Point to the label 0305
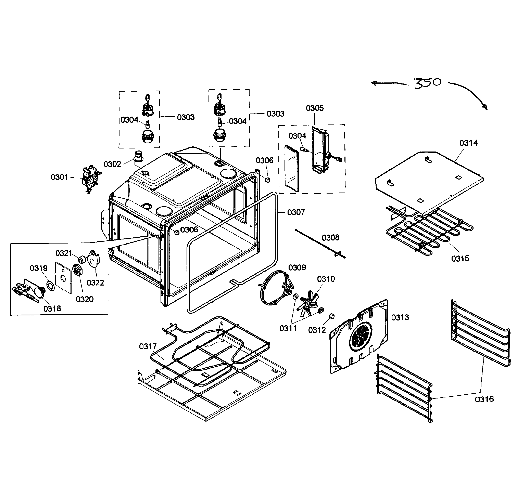(x=315, y=108)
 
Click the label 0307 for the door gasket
(x=296, y=212)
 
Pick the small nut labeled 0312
(x=332, y=316)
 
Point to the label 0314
(x=468, y=143)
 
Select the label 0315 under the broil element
(x=460, y=258)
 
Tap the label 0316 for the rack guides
(x=484, y=399)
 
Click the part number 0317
(x=148, y=346)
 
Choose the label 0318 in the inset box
(x=52, y=309)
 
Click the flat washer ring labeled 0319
(x=50, y=286)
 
